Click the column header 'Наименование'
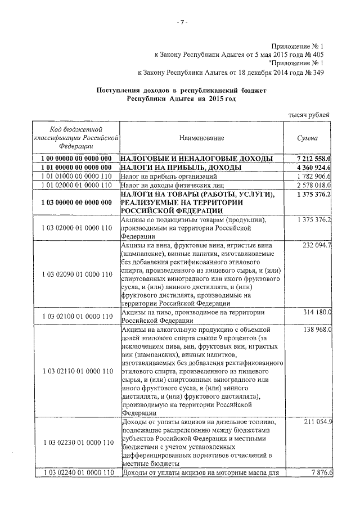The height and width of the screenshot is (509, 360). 202,138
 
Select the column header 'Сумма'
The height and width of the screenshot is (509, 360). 308,138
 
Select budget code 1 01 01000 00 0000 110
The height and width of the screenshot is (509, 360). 77,177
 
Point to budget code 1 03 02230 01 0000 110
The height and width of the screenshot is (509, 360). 77,443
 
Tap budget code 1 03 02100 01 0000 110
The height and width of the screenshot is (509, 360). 77,317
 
